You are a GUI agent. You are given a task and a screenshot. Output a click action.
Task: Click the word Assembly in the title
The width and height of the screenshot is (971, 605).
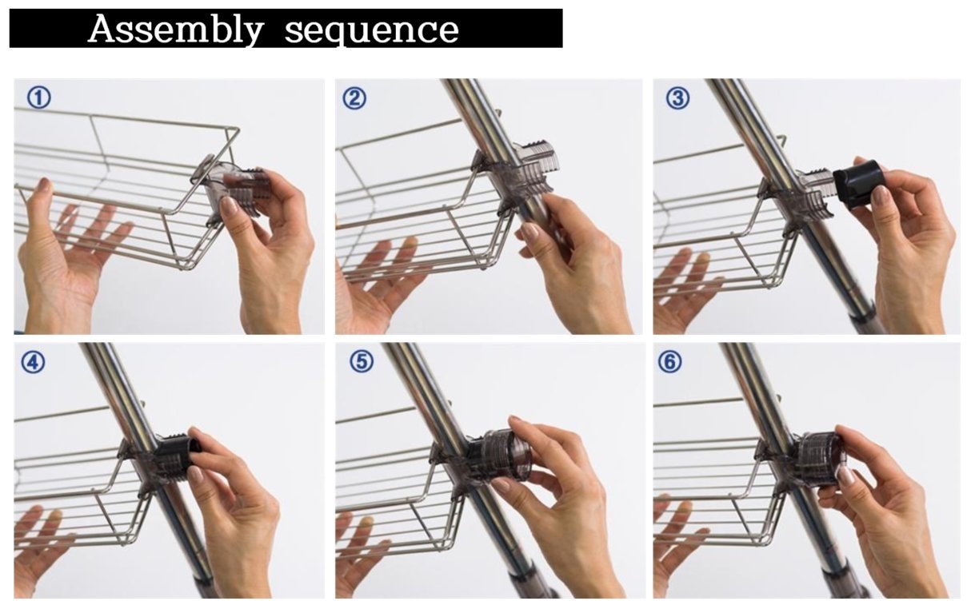(x=175, y=30)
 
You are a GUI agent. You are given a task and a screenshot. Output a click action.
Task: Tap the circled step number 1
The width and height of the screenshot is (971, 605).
(x=39, y=98)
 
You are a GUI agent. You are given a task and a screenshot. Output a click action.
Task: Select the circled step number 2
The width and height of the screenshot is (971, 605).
(x=354, y=98)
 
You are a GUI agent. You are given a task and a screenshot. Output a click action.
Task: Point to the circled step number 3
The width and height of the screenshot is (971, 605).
(x=677, y=98)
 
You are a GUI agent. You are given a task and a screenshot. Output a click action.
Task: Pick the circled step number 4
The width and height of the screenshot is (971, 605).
(x=33, y=362)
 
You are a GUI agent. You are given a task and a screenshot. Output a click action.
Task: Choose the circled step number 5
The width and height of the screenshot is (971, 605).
(x=361, y=362)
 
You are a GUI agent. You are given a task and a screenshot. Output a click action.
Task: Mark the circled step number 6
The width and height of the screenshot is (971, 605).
(x=669, y=362)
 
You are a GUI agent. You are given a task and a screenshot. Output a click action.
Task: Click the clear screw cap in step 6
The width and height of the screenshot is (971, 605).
(x=821, y=461)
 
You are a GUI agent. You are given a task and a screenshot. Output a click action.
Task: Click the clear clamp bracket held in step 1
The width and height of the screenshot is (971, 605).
(x=232, y=190)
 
